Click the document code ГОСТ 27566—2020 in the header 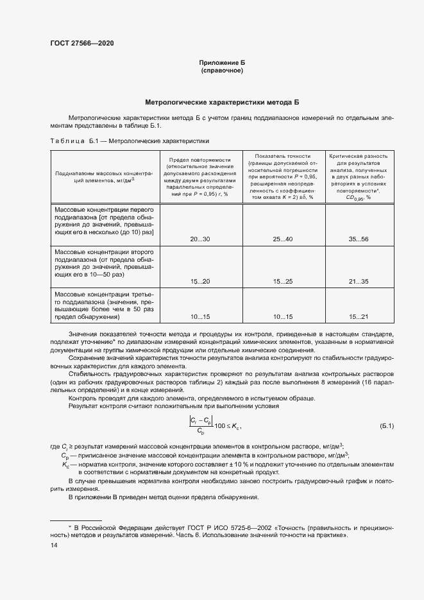[81, 43]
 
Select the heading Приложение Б [221, 63]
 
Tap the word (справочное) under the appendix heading [221, 71]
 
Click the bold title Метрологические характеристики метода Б [221, 102]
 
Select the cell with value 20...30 [200, 239]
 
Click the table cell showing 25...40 [282, 239]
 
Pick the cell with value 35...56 [359, 239]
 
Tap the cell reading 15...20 [200, 282]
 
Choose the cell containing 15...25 [282, 282]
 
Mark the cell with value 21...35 [359, 282]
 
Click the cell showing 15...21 [359, 317]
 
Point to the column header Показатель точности [282, 176]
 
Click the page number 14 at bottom [54, 545]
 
